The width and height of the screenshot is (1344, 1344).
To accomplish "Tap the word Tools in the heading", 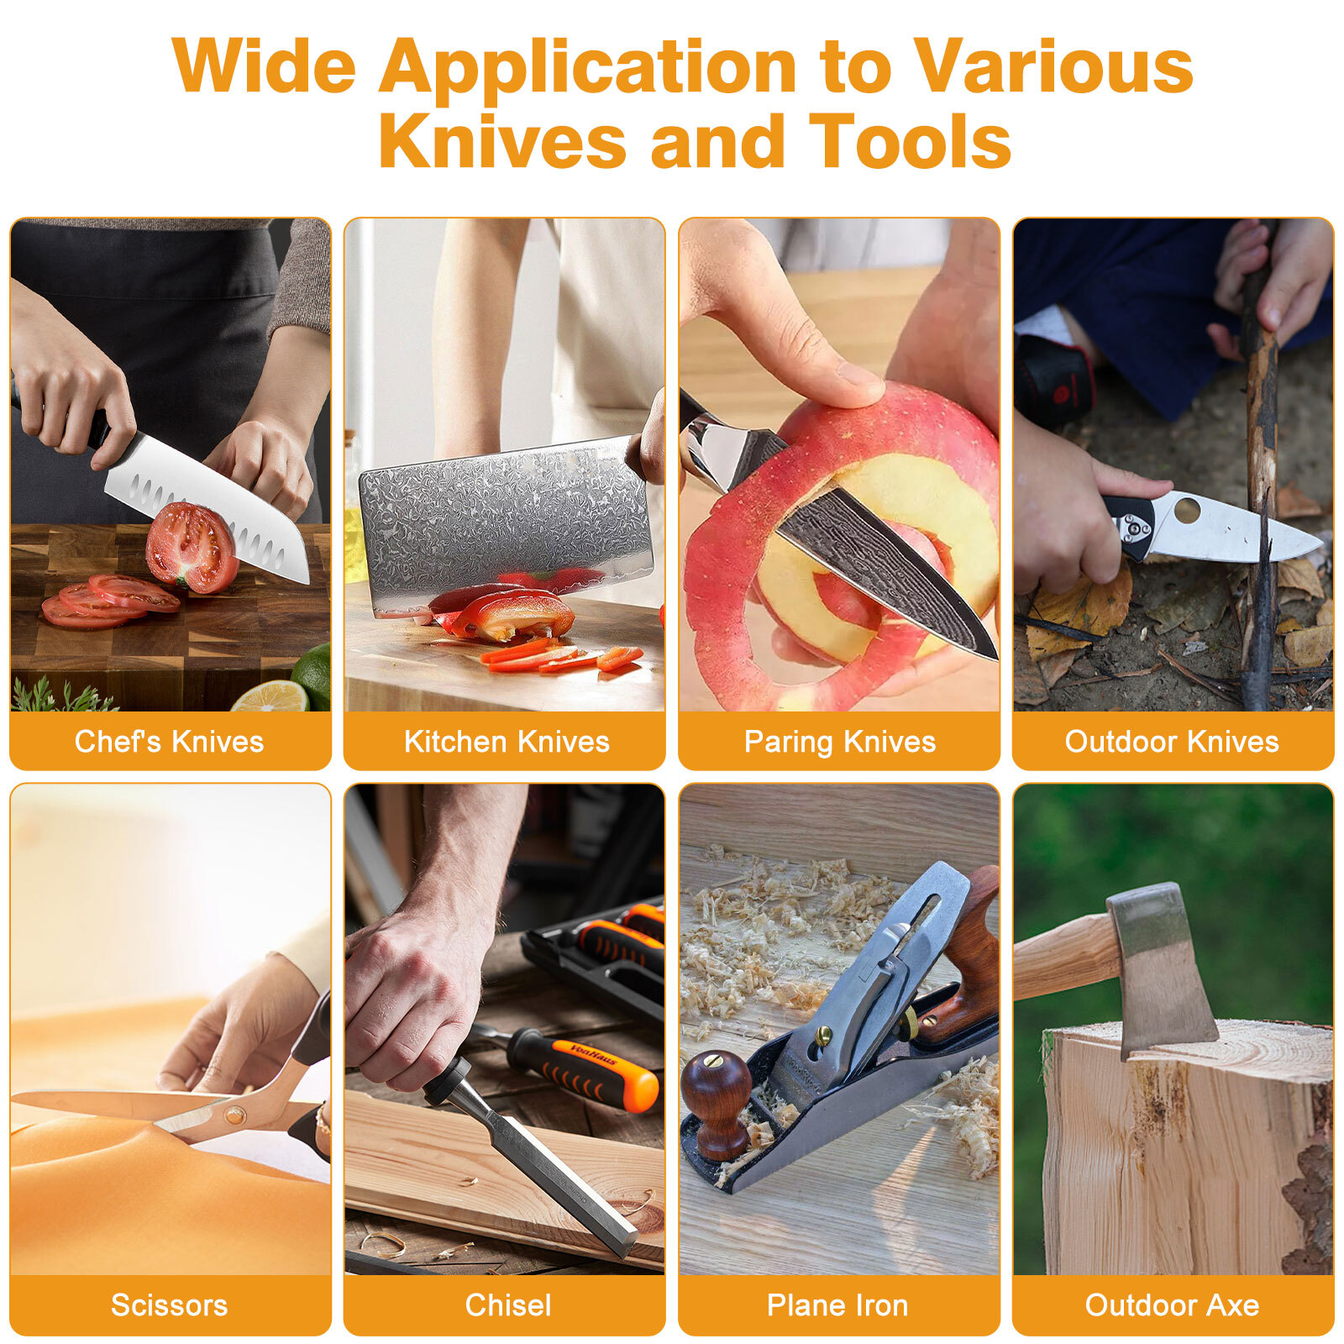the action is tap(910, 141).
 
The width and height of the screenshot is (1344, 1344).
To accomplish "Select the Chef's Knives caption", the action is tap(169, 742).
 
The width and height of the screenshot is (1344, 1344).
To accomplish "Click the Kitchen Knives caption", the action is tap(507, 742).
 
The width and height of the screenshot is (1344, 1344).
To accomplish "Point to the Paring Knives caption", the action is tap(840, 742).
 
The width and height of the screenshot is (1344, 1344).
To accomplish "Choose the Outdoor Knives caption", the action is tap(1172, 742).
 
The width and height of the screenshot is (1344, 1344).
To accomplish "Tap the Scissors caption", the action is tap(169, 1305).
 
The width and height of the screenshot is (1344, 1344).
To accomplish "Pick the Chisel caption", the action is tap(508, 1305).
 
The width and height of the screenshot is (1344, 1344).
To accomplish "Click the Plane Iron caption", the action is tap(837, 1305).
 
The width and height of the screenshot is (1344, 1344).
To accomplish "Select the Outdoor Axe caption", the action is tap(1172, 1305).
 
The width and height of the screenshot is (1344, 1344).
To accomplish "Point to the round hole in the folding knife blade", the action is tap(1188, 508).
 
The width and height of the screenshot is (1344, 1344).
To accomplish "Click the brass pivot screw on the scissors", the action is tap(234, 1115).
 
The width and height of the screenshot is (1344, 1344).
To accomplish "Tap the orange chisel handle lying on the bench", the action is tap(585, 1068).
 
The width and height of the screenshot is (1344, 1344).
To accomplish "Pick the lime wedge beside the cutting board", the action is tap(270, 697).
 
